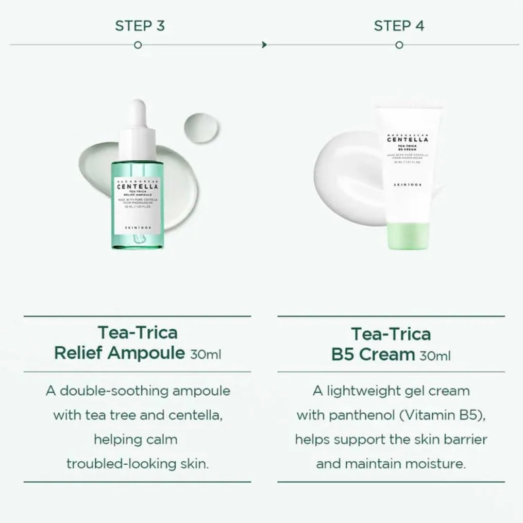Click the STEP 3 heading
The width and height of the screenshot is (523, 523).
140,26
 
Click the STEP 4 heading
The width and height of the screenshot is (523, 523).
399,26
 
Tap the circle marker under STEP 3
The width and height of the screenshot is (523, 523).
138,45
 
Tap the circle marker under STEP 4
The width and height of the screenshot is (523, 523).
399,45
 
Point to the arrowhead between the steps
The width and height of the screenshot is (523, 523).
264,45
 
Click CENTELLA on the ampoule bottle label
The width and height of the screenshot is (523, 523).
137,187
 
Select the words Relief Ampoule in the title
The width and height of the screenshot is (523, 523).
120,353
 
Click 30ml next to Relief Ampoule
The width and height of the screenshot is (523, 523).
206,355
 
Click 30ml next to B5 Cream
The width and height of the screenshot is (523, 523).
435,356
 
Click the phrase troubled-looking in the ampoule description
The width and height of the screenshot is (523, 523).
118,464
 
